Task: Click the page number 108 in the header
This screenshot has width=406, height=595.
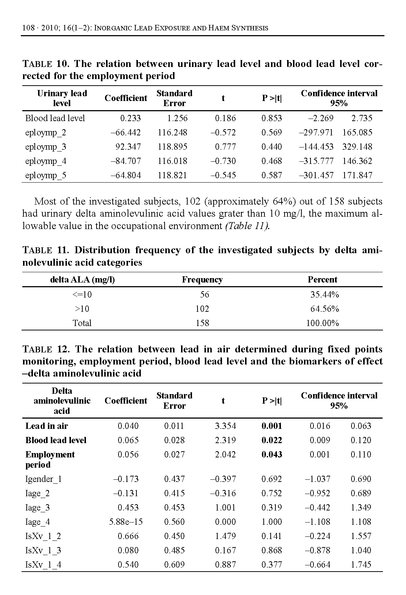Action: click(x=29, y=28)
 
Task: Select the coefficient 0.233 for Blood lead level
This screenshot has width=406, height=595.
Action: click(x=130, y=118)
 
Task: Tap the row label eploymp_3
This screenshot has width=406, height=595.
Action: click(x=46, y=147)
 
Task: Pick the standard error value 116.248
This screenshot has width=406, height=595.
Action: click(x=172, y=132)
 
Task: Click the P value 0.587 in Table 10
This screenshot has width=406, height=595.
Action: click(x=271, y=175)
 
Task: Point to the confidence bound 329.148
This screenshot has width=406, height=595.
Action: click(x=357, y=147)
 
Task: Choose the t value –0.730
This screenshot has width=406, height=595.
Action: click(x=223, y=161)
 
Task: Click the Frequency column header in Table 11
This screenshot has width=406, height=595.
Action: click(x=202, y=280)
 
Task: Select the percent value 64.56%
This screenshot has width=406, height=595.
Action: click(x=324, y=309)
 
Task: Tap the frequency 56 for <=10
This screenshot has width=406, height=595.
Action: click(x=204, y=295)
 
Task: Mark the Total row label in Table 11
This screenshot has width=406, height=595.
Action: click(x=82, y=323)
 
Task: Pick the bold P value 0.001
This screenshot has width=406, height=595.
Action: click(x=271, y=426)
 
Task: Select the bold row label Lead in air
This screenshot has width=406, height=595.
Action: click(x=46, y=426)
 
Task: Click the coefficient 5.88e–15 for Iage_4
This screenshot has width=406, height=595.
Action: click(x=126, y=522)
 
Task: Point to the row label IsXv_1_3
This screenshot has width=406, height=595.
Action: click(x=43, y=550)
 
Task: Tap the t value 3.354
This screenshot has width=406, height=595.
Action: click(x=225, y=426)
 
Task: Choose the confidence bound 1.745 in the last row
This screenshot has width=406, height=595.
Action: click(x=361, y=565)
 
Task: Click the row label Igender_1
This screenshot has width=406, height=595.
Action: click(x=44, y=479)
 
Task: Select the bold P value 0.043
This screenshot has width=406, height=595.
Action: click(x=271, y=454)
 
